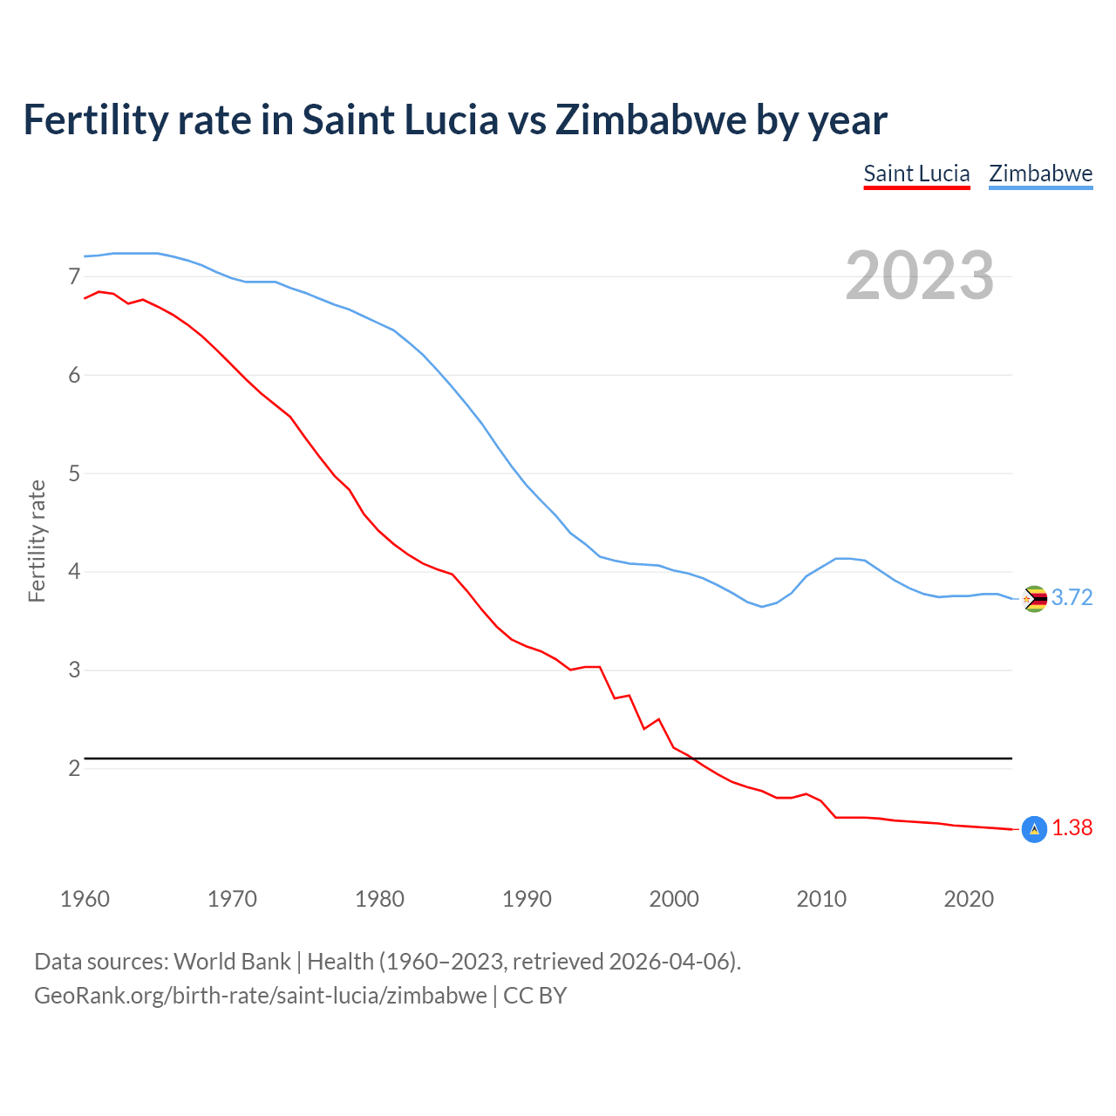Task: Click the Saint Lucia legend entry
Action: pos(916,174)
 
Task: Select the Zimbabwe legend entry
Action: pos(1040,174)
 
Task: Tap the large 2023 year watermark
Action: pos(920,276)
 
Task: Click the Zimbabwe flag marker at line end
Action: pos(1034,599)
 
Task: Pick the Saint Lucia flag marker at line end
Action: pos(1034,829)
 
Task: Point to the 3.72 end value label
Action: pos(1072,597)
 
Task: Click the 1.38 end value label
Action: pos(1072,827)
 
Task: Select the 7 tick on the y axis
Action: pos(74,276)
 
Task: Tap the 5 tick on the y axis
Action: pos(74,473)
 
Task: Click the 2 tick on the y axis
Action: pos(74,768)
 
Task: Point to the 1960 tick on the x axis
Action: pos(85,899)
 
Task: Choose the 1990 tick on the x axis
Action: pos(527,899)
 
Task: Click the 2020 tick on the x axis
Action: pos(969,899)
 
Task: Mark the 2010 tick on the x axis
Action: pos(821,899)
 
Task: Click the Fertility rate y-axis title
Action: pos(37,541)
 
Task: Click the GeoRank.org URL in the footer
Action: pos(260,995)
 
